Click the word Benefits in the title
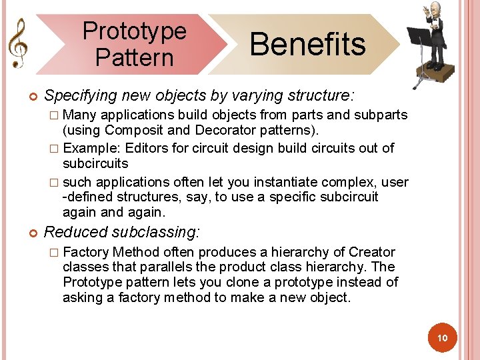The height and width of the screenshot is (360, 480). click(307, 44)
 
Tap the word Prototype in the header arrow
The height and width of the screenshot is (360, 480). click(134, 31)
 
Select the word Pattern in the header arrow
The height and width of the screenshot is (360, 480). click(134, 57)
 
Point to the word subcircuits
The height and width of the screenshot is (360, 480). click(95, 163)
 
